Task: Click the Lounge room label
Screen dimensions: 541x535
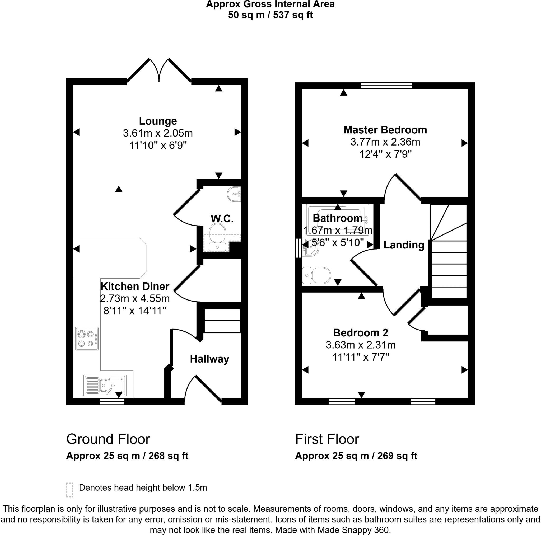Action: pos(158,121)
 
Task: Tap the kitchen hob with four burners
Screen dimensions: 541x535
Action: pos(87,339)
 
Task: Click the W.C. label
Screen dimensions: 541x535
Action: pos(222,219)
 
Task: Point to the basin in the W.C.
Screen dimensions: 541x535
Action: pos(234,194)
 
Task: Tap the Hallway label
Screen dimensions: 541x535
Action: pos(209,359)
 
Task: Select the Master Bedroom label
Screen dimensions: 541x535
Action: pos(385,130)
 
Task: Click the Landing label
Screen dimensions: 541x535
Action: pos(404,245)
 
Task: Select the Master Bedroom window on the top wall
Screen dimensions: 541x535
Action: pos(386,85)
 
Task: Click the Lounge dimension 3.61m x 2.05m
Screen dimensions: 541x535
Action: pos(158,133)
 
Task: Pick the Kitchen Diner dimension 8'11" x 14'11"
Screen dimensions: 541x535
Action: pos(135,311)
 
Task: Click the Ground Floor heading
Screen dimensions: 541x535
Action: pos(108,439)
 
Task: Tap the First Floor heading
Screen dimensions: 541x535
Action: pos(327,439)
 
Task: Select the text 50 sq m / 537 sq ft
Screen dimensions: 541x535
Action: pos(270,15)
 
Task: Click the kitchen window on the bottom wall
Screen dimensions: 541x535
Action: pos(112,402)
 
